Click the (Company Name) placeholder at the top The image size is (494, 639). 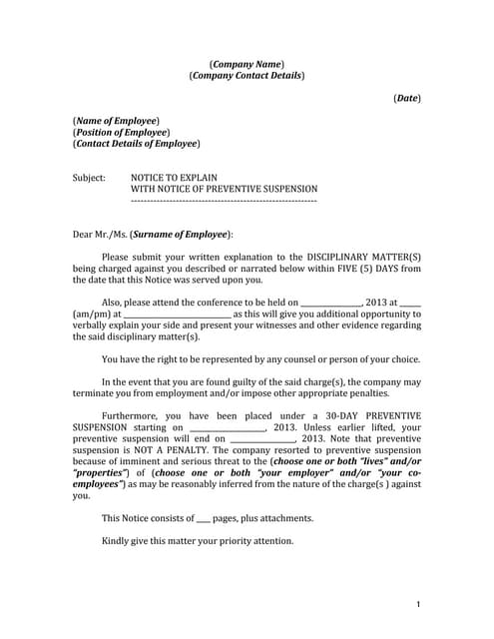point(247,63)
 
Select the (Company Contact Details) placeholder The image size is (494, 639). point(247,75)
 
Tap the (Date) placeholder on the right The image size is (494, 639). point(407,97)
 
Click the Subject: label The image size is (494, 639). point(89,177)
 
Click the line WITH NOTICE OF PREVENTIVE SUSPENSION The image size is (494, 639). point(225,189)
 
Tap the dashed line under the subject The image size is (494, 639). point(225,201)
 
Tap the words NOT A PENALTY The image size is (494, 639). point(176,449)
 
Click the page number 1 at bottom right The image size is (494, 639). point(418,605)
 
